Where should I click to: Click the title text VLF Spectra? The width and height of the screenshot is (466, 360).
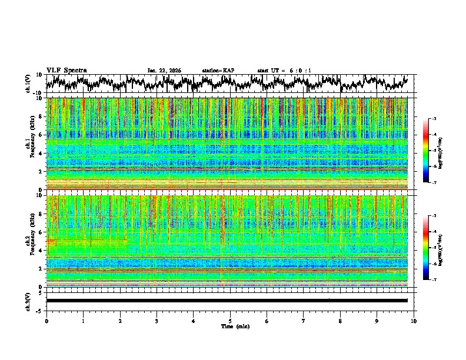tap(66, 70)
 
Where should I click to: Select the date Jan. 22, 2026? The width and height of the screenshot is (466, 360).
tap(164, 71)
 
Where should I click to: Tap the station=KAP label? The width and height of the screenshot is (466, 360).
tap(218, 71)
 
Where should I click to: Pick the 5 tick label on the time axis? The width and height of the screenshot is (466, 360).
tap(230, 321)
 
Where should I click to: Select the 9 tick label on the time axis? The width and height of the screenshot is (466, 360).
tap(377, 321)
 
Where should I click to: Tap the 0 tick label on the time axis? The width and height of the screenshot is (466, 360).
tap(46, 321)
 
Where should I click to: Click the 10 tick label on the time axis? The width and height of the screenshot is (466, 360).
tap(414, 321)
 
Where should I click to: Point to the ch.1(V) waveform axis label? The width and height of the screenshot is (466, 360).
tap(28, 84)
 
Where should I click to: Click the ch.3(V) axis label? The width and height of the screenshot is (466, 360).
tap(28, 301)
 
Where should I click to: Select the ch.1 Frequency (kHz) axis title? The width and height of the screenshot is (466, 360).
tap(29, 142)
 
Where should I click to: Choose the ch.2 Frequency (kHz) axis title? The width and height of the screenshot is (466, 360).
tap(29, 240)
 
